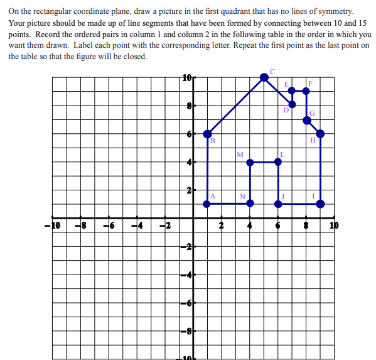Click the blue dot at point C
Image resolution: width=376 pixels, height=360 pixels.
click(x=264, y=77)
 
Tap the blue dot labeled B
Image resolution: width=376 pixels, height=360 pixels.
click(x=208, y=134)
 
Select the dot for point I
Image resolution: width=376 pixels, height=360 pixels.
click(x=320, y=204)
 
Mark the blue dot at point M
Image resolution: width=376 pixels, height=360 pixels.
click(x=250, y=162)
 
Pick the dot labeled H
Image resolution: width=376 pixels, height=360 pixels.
click(x=320, y=133)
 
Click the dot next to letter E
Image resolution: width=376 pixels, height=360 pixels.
click(x=292, y=91)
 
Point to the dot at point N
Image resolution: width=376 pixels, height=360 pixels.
click(x=250, y=203)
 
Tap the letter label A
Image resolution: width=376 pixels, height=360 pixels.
click(x=213, y=196)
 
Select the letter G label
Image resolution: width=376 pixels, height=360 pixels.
click(x=312, y=112)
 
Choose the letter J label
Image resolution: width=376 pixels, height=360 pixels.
click(x=283, y=196)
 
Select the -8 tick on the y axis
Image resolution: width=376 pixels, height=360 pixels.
click(x=186, y=330)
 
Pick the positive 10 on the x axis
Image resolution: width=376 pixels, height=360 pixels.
click(x=333, y=225)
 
